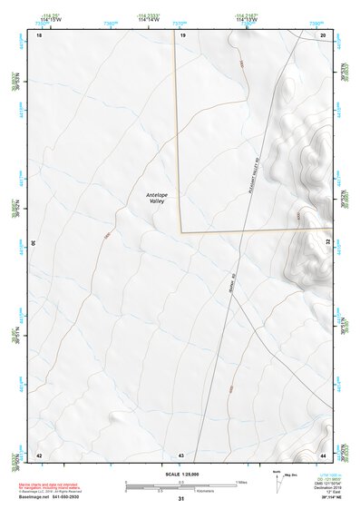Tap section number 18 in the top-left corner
pos(39,34)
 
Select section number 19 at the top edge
pos(182,34)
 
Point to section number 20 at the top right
pos(324,34)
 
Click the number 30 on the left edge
pos(34,243)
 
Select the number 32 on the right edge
pos(328,243)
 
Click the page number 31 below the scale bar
pos(181,498)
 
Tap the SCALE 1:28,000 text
pos(181,475)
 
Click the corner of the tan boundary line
pos(181,231)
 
